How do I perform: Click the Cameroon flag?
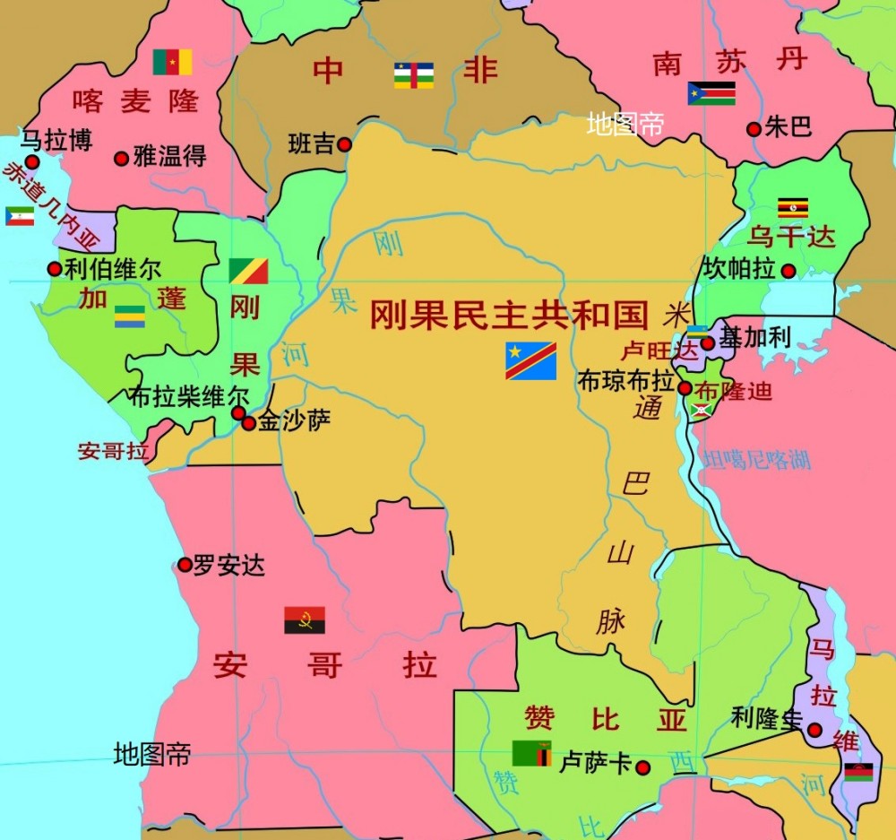point(172,62)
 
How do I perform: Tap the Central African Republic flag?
point(414,75)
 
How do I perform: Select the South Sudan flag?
point(711,93)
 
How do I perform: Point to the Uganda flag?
point(793,208)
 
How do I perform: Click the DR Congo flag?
point(530,360)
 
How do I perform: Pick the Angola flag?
point(305,620)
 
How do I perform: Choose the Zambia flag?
point(532,753)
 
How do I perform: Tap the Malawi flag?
point(858,772)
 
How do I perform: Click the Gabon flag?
point(130,316)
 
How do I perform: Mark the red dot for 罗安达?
point(185,565)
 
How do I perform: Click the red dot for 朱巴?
point(754,129)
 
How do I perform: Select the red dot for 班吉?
point(345,144)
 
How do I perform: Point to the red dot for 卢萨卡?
point(642,766)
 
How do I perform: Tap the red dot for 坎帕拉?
point(788,271)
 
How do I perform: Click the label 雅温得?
point(169,157)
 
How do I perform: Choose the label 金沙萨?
point(294,420)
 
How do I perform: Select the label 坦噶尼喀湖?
point(757,459)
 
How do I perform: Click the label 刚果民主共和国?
point(509,314)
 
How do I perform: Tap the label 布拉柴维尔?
point(188,395)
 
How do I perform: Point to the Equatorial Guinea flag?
point(20,216)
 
